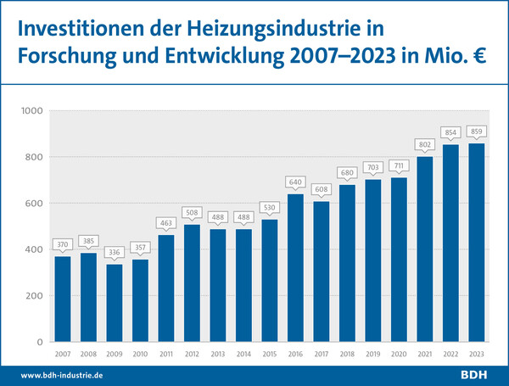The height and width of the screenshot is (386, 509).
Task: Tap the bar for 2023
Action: pos(476,243)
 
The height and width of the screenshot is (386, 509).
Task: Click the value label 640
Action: pos(295,181)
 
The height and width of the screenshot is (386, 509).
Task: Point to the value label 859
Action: pos(476,131)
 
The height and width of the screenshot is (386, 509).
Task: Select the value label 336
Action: pos(115,252)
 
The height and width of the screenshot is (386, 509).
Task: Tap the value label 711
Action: pos(399,165)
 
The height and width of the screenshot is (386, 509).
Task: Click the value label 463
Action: pos(166,222)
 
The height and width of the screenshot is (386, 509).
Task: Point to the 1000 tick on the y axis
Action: pos(31,111)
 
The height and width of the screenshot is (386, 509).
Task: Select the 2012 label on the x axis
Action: pos(192,355)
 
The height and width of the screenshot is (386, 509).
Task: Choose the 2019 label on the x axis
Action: pos(372,355)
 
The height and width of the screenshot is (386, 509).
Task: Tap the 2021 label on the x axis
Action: pos(424,355)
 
